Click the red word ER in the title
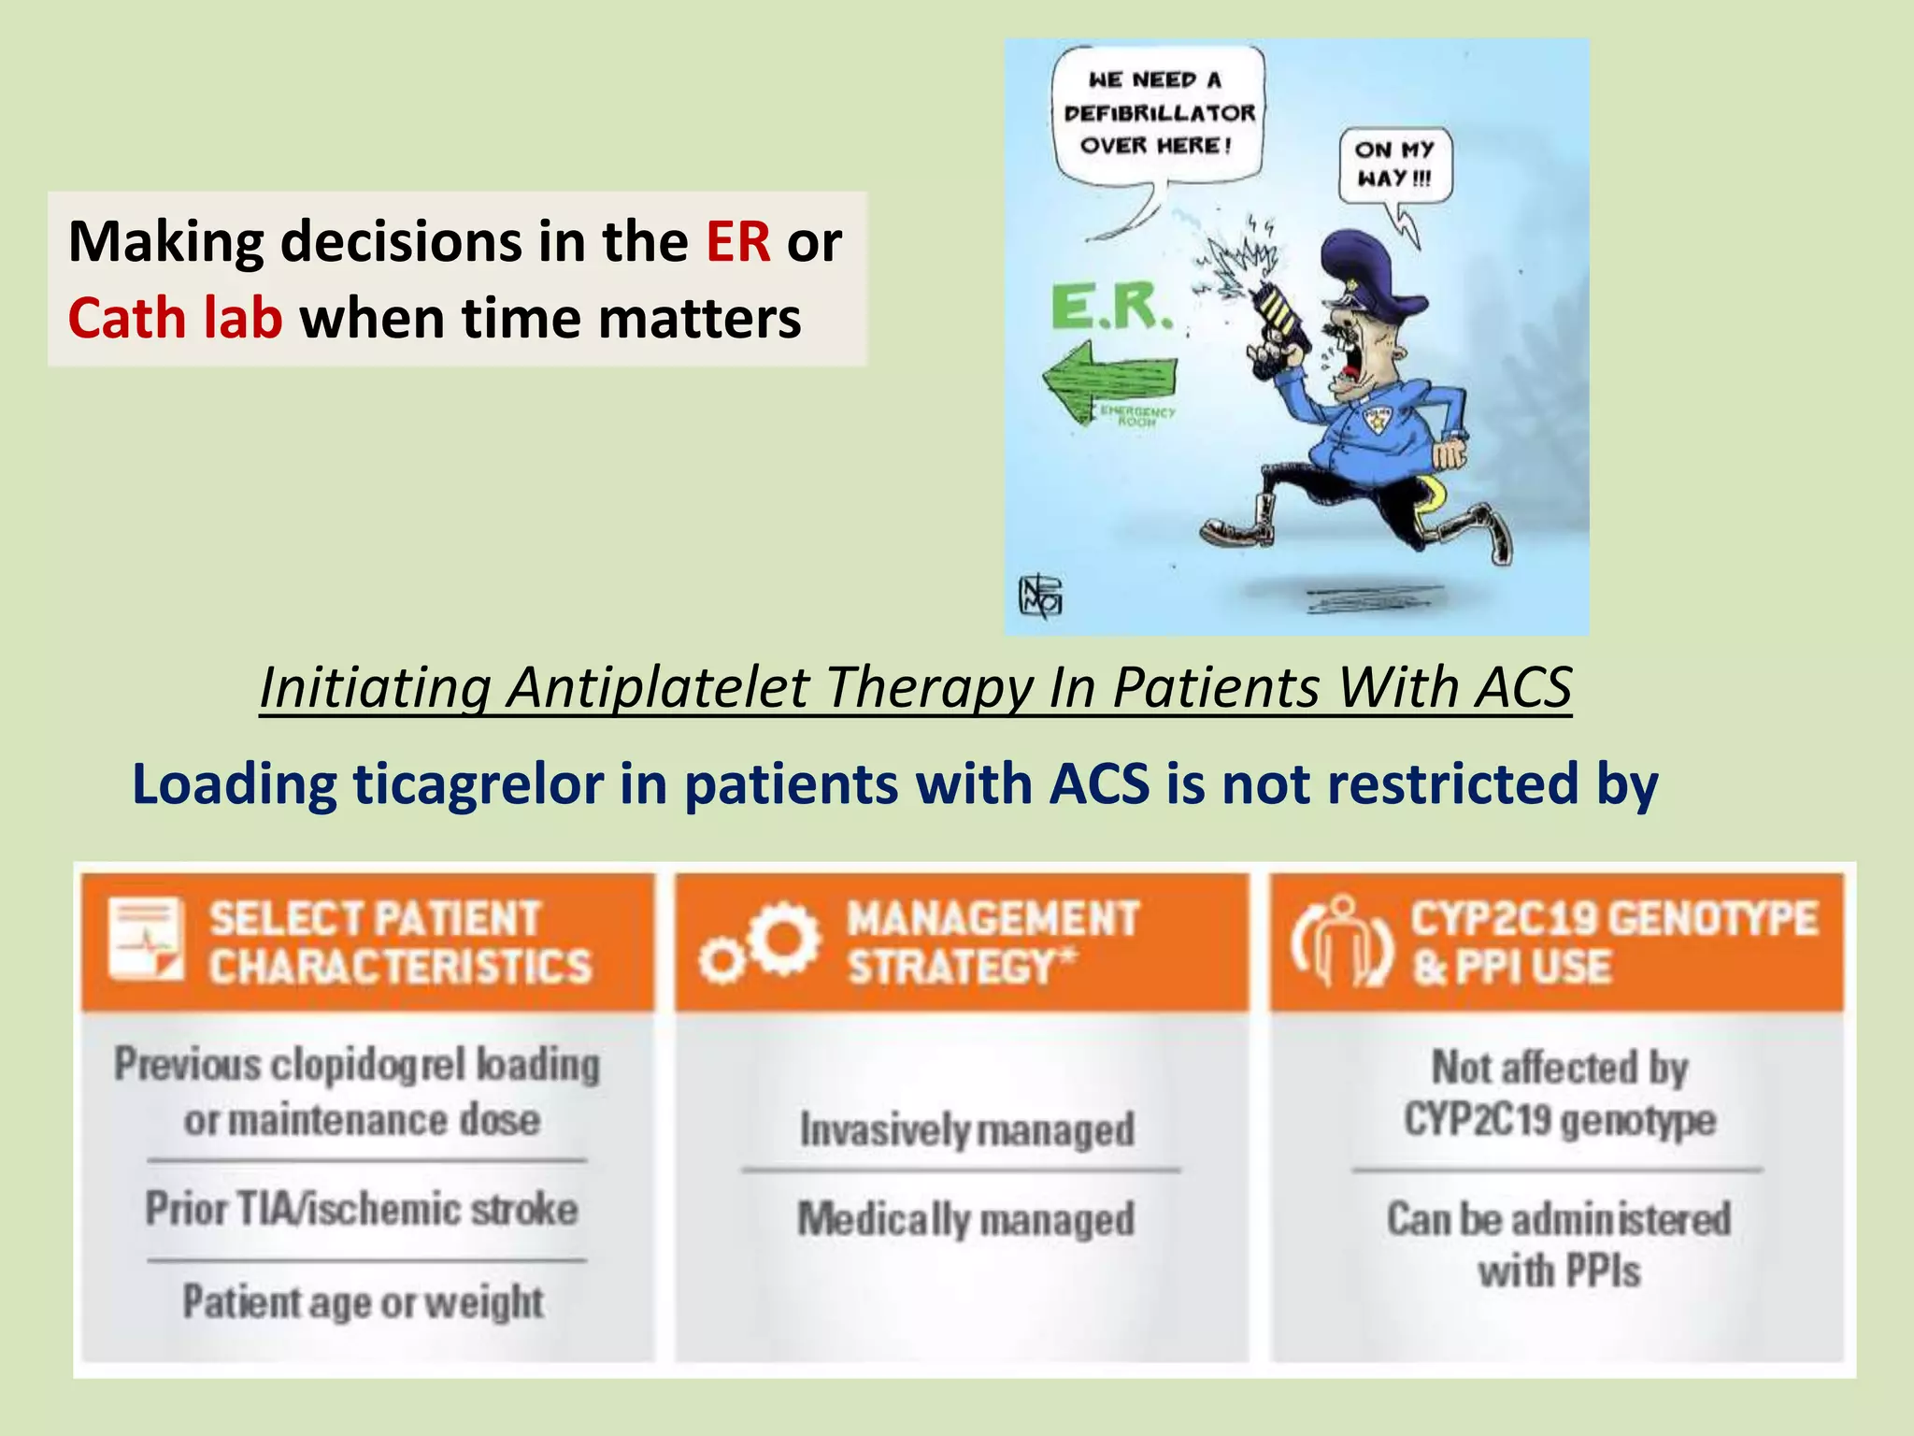737,242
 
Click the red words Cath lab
175,318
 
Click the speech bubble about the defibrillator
1159,113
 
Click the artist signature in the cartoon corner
1039,596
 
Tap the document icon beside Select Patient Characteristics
145,940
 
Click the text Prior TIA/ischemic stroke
362,1209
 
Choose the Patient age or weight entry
363,1301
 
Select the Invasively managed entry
967,1129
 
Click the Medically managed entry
966,1219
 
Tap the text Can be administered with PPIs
1559,1244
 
